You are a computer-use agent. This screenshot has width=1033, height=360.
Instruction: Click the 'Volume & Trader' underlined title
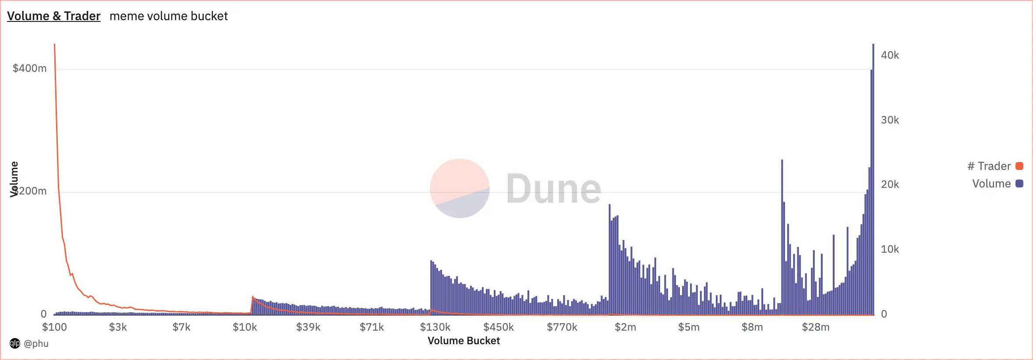[x=53, y=16]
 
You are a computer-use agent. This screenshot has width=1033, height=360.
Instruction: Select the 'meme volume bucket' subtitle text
[x=169, y=16]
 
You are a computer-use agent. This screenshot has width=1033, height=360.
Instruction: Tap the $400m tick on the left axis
[x=29, y=68]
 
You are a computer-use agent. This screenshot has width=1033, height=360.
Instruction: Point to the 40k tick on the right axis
[x=890, y=55]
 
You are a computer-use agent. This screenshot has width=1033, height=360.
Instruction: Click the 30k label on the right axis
[x=890, y=120]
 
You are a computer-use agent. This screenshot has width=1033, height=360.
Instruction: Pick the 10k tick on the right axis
[x=890, y=249]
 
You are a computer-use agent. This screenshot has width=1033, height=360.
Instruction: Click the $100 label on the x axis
[x=54, y=327]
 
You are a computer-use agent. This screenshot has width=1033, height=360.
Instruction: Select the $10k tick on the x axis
[x=245, y=327]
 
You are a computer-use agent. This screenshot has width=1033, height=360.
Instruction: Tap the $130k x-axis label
[x=435, y=327]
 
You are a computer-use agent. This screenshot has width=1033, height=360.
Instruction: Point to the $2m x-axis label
[x=625, y=327]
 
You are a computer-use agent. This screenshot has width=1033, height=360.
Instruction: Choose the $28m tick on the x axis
[x=815, y=327]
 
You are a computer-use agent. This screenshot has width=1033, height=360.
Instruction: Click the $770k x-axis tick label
[x=562, y=327]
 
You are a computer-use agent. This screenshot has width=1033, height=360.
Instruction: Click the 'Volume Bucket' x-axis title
[x=463, y=341]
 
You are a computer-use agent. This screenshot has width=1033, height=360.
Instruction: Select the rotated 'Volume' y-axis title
[x=14, y=179]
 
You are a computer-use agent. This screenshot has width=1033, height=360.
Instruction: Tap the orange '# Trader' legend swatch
[x=1019, y=166]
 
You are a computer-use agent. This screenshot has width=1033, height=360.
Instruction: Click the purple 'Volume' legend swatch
[x=1019, y=184]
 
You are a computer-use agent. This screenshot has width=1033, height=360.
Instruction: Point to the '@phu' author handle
[x=36, y=343]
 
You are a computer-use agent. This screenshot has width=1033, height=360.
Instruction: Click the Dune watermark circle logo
[x=460, y=188]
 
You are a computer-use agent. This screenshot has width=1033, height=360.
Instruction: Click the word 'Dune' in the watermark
[x=554, y=189]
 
